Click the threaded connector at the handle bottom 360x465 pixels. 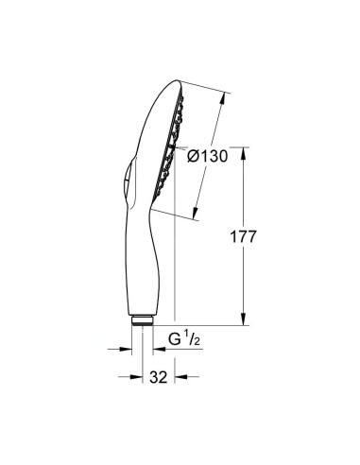(x=142, y=322)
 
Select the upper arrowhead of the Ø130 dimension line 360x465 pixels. (x=226, y=95)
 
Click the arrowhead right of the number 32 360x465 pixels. (x=176, y=377)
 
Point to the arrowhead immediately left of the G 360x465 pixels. (x=158, y=348)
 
